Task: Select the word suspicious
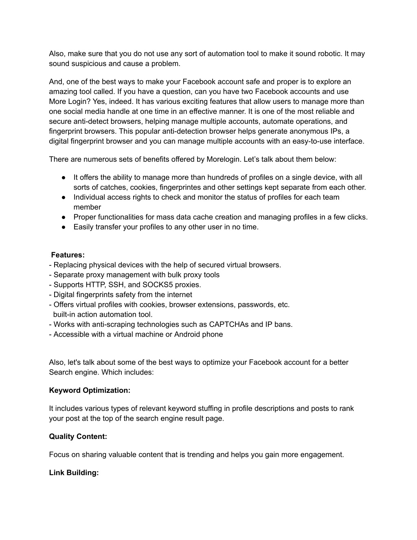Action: click(88, 64)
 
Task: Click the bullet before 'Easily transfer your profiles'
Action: click(64, 227)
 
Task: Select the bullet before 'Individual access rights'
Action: click(64, 197)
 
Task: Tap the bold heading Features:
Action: click(68, 255)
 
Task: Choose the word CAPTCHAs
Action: click(228, 324)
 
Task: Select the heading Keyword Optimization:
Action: click(90, 390)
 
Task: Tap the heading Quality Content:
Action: click(78, 436)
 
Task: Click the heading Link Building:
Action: click(74, 473)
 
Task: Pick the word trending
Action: click(200, 455)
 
